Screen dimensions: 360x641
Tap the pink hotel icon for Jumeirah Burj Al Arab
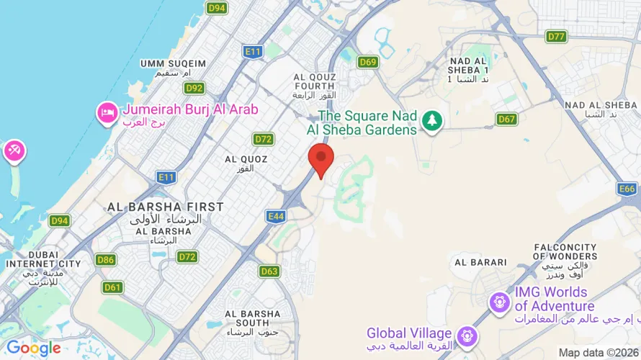(x=108, y=113)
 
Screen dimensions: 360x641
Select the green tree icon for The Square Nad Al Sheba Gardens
(x=431, y=120)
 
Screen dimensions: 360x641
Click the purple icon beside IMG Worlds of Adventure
(x=498, y=302)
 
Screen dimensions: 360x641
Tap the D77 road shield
(x=556, y=36)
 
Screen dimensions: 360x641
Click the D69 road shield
(x=368, y=62)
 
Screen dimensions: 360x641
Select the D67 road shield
(x=506, y=119)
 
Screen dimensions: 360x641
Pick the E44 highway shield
(x=276, y=215)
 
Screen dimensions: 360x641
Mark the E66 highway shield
(x=627, y=189)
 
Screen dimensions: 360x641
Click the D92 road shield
(x=194, y=88)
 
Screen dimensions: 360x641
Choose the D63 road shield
(x=269, y=271)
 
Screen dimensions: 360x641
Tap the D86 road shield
(x=105, y=260)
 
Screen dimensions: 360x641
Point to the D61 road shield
(x=112, y=287)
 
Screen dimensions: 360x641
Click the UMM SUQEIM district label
(x=173, y=64)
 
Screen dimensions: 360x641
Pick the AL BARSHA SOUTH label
(x=252, y=318)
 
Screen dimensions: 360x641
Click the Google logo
(x=34, y=348)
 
